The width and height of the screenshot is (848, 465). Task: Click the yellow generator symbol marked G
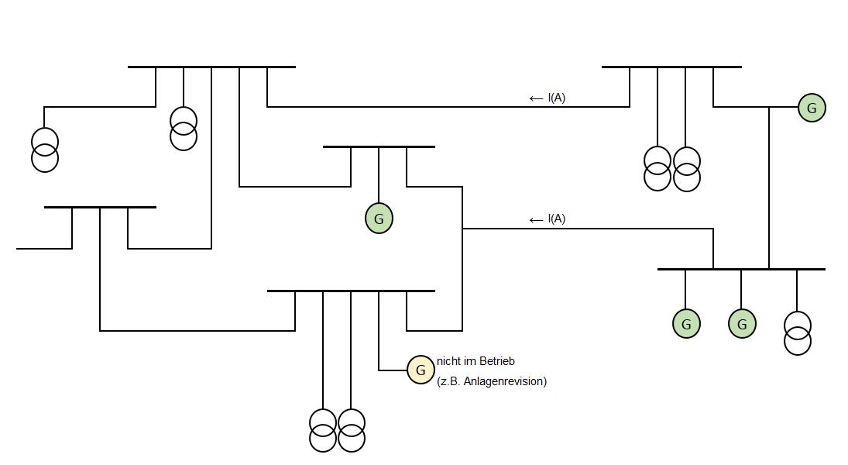coord(421,370)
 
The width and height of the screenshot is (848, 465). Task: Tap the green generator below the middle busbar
coord(379,219)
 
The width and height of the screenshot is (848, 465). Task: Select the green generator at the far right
coord(812,108)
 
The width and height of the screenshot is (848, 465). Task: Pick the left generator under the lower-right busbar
coord(686,323)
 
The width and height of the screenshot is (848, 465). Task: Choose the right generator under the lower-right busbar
coord(742,323)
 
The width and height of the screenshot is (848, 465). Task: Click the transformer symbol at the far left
coord(44,150)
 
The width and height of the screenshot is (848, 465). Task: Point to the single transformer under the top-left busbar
coord(184,129)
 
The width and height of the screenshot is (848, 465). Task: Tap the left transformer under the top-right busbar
coord(657,168)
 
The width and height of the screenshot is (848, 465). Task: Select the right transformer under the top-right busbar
coord(686,168)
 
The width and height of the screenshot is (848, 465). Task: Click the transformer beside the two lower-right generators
coord(798,332)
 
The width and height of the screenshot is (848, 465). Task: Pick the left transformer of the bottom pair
coord(323,430)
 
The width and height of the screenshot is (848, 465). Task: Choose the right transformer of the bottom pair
coord(351,430)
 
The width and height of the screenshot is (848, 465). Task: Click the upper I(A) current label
coord(557,98)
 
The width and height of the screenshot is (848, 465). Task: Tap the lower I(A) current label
coord(557,219)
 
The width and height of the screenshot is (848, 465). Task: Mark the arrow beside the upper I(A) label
coord(536,98)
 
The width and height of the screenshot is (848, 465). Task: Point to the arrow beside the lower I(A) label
coord(536,220)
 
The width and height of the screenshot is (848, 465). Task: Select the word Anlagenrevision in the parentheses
coord(503,381)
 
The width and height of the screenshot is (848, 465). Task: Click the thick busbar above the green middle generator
coord(379,146)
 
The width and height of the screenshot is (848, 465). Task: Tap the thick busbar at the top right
coord(671,67)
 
